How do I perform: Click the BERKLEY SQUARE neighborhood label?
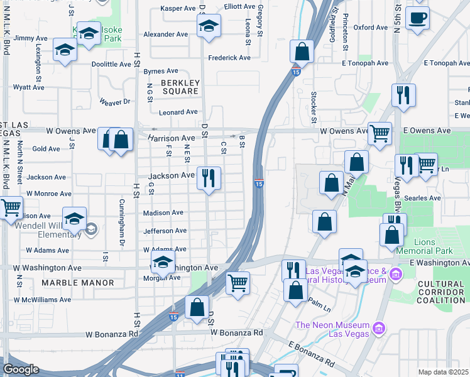(x=180, y=87)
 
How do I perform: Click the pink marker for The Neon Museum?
(x=378, y=327)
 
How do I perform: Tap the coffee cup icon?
(x=418, y=18)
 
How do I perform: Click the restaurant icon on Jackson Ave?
(x=208, y=177)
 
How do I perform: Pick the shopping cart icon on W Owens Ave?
(x=380, y=133)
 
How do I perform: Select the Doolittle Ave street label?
(x=111, y=64)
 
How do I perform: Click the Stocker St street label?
(x=314, y=107)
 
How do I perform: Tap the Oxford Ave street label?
(x=370, y=28)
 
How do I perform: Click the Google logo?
(x=21, y=369)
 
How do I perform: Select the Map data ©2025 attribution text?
(x=443, y=372)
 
